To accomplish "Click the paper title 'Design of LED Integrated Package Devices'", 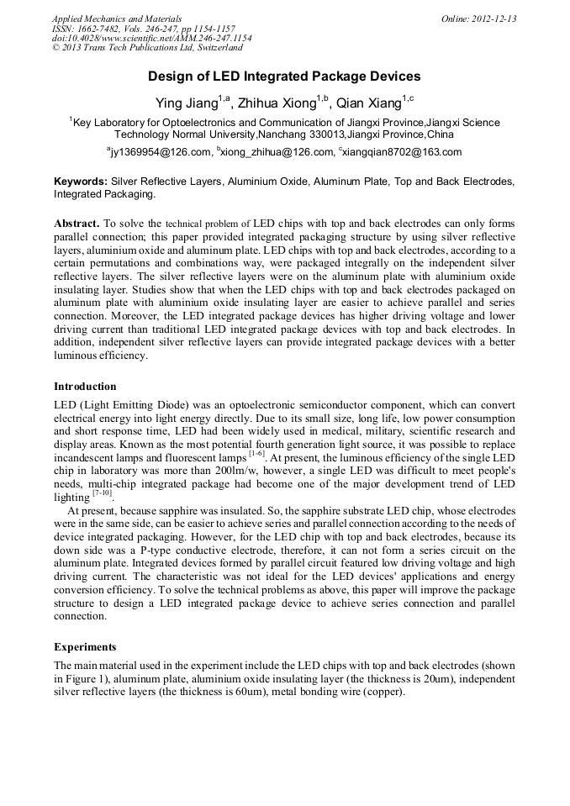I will click(284, 76).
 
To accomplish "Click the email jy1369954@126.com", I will click(161, 152).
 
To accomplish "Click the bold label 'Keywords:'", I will click(81, 182).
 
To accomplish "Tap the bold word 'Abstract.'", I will click(77, 224).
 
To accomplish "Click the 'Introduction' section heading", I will click(85, 387).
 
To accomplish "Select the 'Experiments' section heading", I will click(84, 647).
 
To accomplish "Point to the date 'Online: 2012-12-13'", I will click(478, 18).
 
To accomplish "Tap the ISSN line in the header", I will click(143, 29).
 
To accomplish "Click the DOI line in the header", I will click(151, 39).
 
